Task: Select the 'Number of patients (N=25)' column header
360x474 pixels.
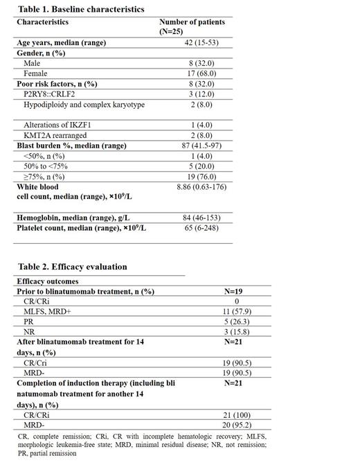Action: coord(192,26)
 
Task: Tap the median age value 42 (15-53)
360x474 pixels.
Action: coord(192,43)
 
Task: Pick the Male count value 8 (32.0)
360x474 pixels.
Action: coord(192,62)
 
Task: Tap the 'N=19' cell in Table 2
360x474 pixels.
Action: coord(235,292)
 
